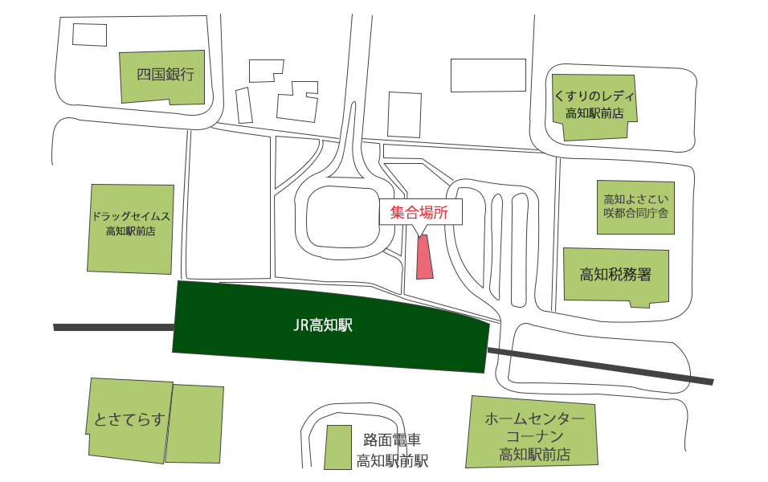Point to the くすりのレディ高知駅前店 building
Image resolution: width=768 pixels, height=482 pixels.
click(594, 107)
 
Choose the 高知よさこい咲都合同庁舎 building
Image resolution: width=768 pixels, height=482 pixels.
click(635, 206)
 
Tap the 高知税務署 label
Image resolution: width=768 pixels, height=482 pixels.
click(615, 275)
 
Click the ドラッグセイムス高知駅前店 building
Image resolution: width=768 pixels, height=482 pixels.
click(130, 228)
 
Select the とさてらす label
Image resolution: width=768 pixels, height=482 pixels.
click(129, 419)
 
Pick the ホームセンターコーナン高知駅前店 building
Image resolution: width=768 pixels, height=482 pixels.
click(533, 434)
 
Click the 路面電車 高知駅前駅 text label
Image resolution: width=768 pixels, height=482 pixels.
click(392, 451)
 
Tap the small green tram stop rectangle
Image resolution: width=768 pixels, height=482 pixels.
click(337, 447)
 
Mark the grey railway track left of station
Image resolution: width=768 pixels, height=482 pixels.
click(112, 327)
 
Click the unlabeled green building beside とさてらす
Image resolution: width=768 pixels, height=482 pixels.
click(194, 423)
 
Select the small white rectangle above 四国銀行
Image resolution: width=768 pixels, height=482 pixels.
click(89, 35)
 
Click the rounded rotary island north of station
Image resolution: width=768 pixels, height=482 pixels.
click(341, 219)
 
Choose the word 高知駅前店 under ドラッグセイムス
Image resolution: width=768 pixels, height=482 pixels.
click(130, 231)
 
